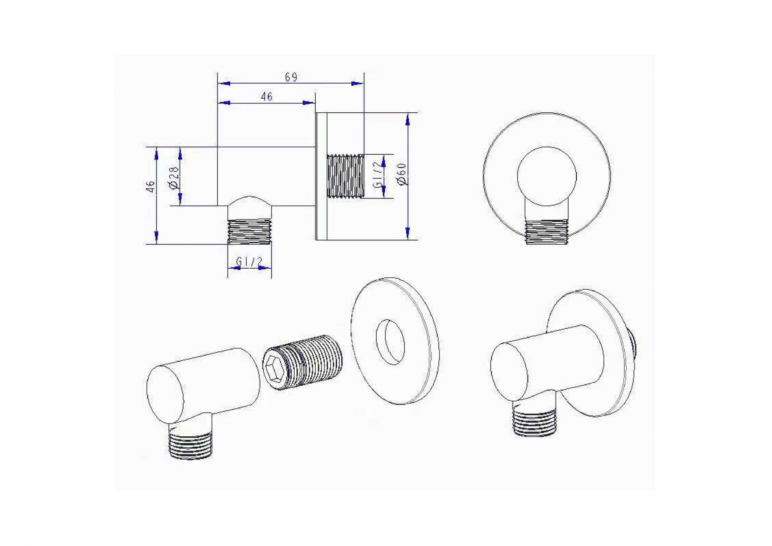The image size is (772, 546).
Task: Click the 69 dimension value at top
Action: coord(291,77)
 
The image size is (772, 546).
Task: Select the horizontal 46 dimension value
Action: coord(266,97)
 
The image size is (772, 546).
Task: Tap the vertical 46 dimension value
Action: coord(150,186)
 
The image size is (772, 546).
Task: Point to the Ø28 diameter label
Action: coord(174,177)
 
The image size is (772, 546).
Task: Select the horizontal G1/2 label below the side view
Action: coord(249,261)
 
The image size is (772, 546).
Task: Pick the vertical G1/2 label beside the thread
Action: coord(377,175)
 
